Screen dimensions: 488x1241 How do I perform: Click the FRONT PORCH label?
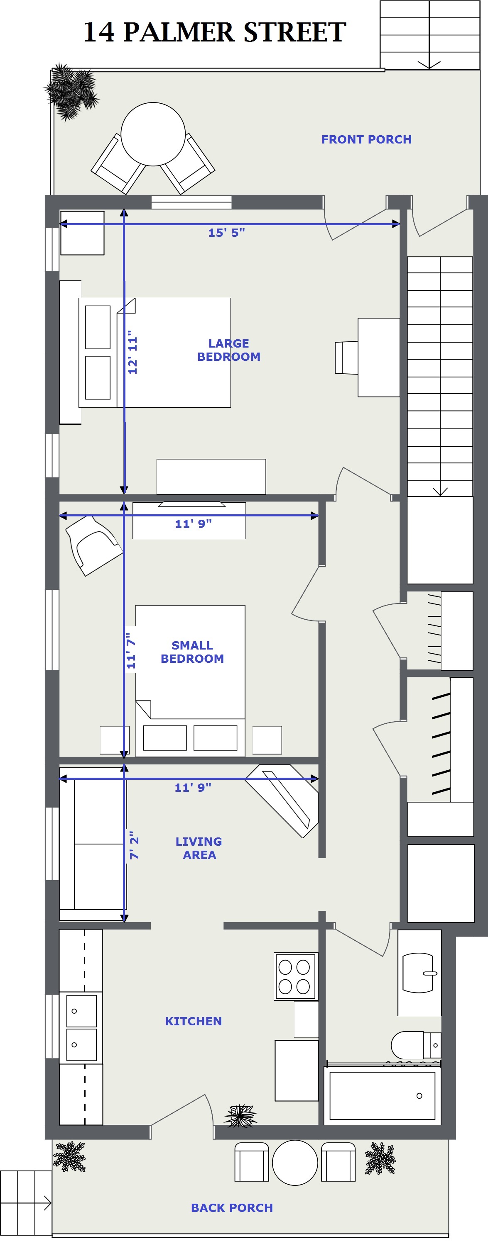pos(366,139)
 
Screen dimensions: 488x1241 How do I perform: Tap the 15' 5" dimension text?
pos(226,233)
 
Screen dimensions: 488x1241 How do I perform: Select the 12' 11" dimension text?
pos(132,352)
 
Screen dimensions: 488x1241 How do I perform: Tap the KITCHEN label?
pos(194,1021)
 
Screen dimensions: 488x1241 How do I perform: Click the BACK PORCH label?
pos(232,1207)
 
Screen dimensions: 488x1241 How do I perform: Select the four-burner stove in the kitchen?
pos(296,976)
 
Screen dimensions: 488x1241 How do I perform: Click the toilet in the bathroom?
pos(416,1045)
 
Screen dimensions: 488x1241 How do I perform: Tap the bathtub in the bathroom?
pos(383,1095)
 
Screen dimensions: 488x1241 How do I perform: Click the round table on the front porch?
pos(153,134)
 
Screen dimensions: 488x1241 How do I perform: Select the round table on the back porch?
pos(295,1162)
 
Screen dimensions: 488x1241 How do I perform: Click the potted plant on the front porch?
pos(71,92)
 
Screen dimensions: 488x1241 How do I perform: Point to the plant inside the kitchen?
pos(240,1115)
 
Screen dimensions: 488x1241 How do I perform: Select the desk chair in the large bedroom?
pos(346,358)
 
